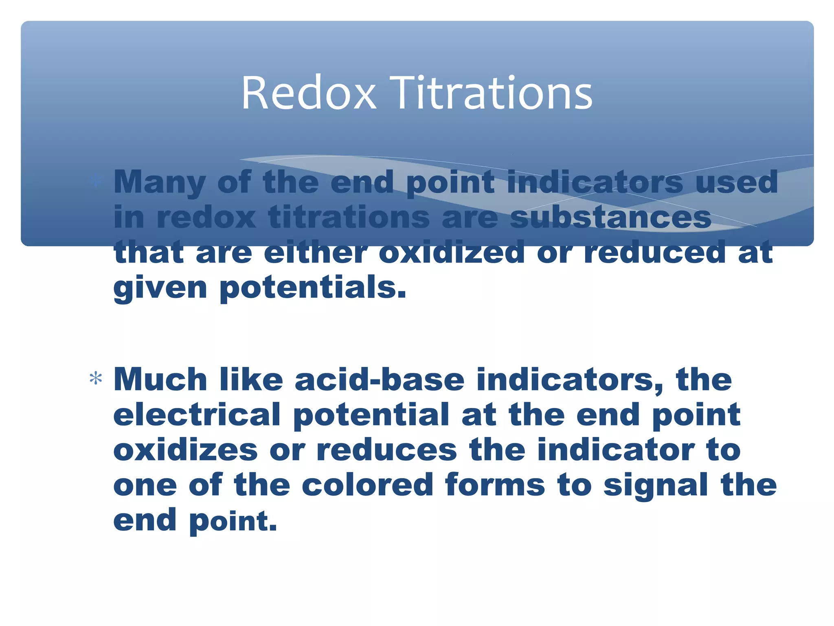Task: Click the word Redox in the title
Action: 308,93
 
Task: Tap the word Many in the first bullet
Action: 159,182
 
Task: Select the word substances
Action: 610,217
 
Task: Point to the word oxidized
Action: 452,252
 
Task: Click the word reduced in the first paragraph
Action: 655,252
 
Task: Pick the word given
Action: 160,288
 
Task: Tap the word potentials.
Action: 313,288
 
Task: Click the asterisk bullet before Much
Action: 96,379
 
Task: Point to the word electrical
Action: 197,415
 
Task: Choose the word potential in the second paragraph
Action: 371,415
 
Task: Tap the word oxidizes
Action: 185,450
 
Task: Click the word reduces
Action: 386,450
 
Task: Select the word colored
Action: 367,485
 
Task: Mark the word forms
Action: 495,485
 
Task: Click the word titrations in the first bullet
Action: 349,217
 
